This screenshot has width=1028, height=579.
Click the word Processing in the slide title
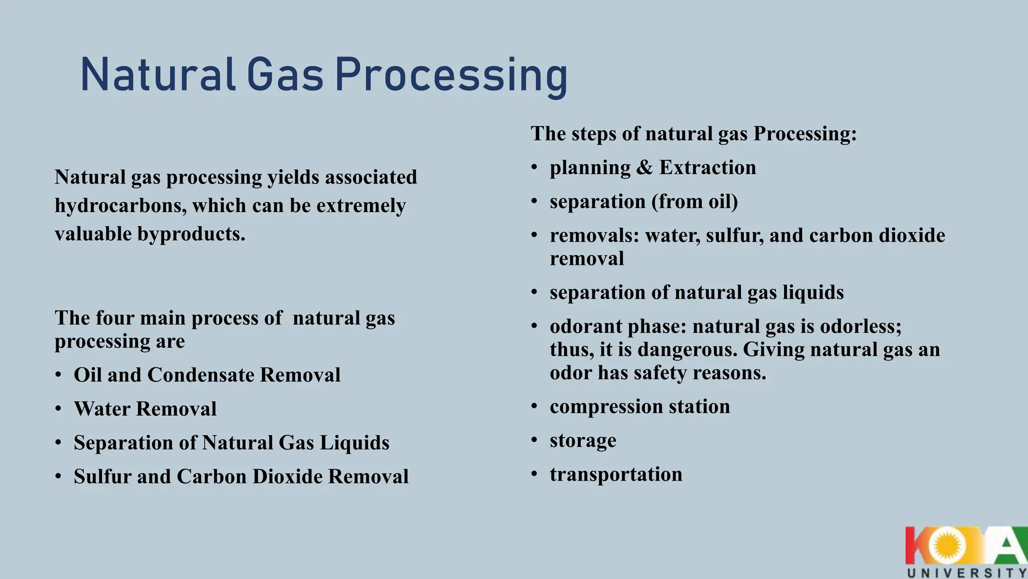(x=451, y=75)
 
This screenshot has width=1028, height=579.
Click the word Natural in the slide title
(x=158, y=75)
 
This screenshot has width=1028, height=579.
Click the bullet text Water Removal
(x=145, y=409)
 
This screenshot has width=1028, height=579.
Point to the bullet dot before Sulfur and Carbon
(x=59, y=476)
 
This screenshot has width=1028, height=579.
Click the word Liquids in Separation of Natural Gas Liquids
(x=354, y=443)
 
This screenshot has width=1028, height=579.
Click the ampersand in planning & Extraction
(x=645, y=167)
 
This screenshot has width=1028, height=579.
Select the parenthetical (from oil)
(x=695, y=202)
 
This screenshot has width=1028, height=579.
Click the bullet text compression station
(x=639, y=407)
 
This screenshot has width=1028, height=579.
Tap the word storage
(x=583, y=440)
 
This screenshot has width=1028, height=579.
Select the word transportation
(x=616, y=474)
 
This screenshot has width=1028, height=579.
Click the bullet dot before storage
(x=535, y=441)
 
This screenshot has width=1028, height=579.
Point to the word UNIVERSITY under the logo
(x=967, y=573)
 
